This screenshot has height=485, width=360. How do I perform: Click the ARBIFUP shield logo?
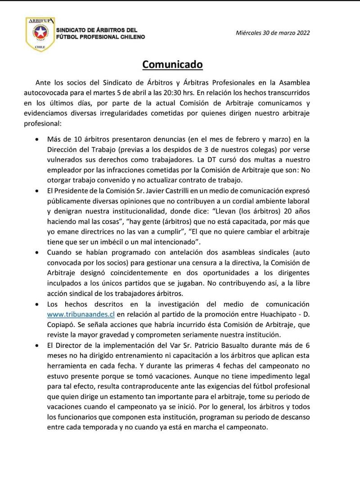[40, 33]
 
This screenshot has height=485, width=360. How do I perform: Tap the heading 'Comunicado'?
[173, 64]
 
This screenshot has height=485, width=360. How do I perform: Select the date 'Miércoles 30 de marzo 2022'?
[273, 32]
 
